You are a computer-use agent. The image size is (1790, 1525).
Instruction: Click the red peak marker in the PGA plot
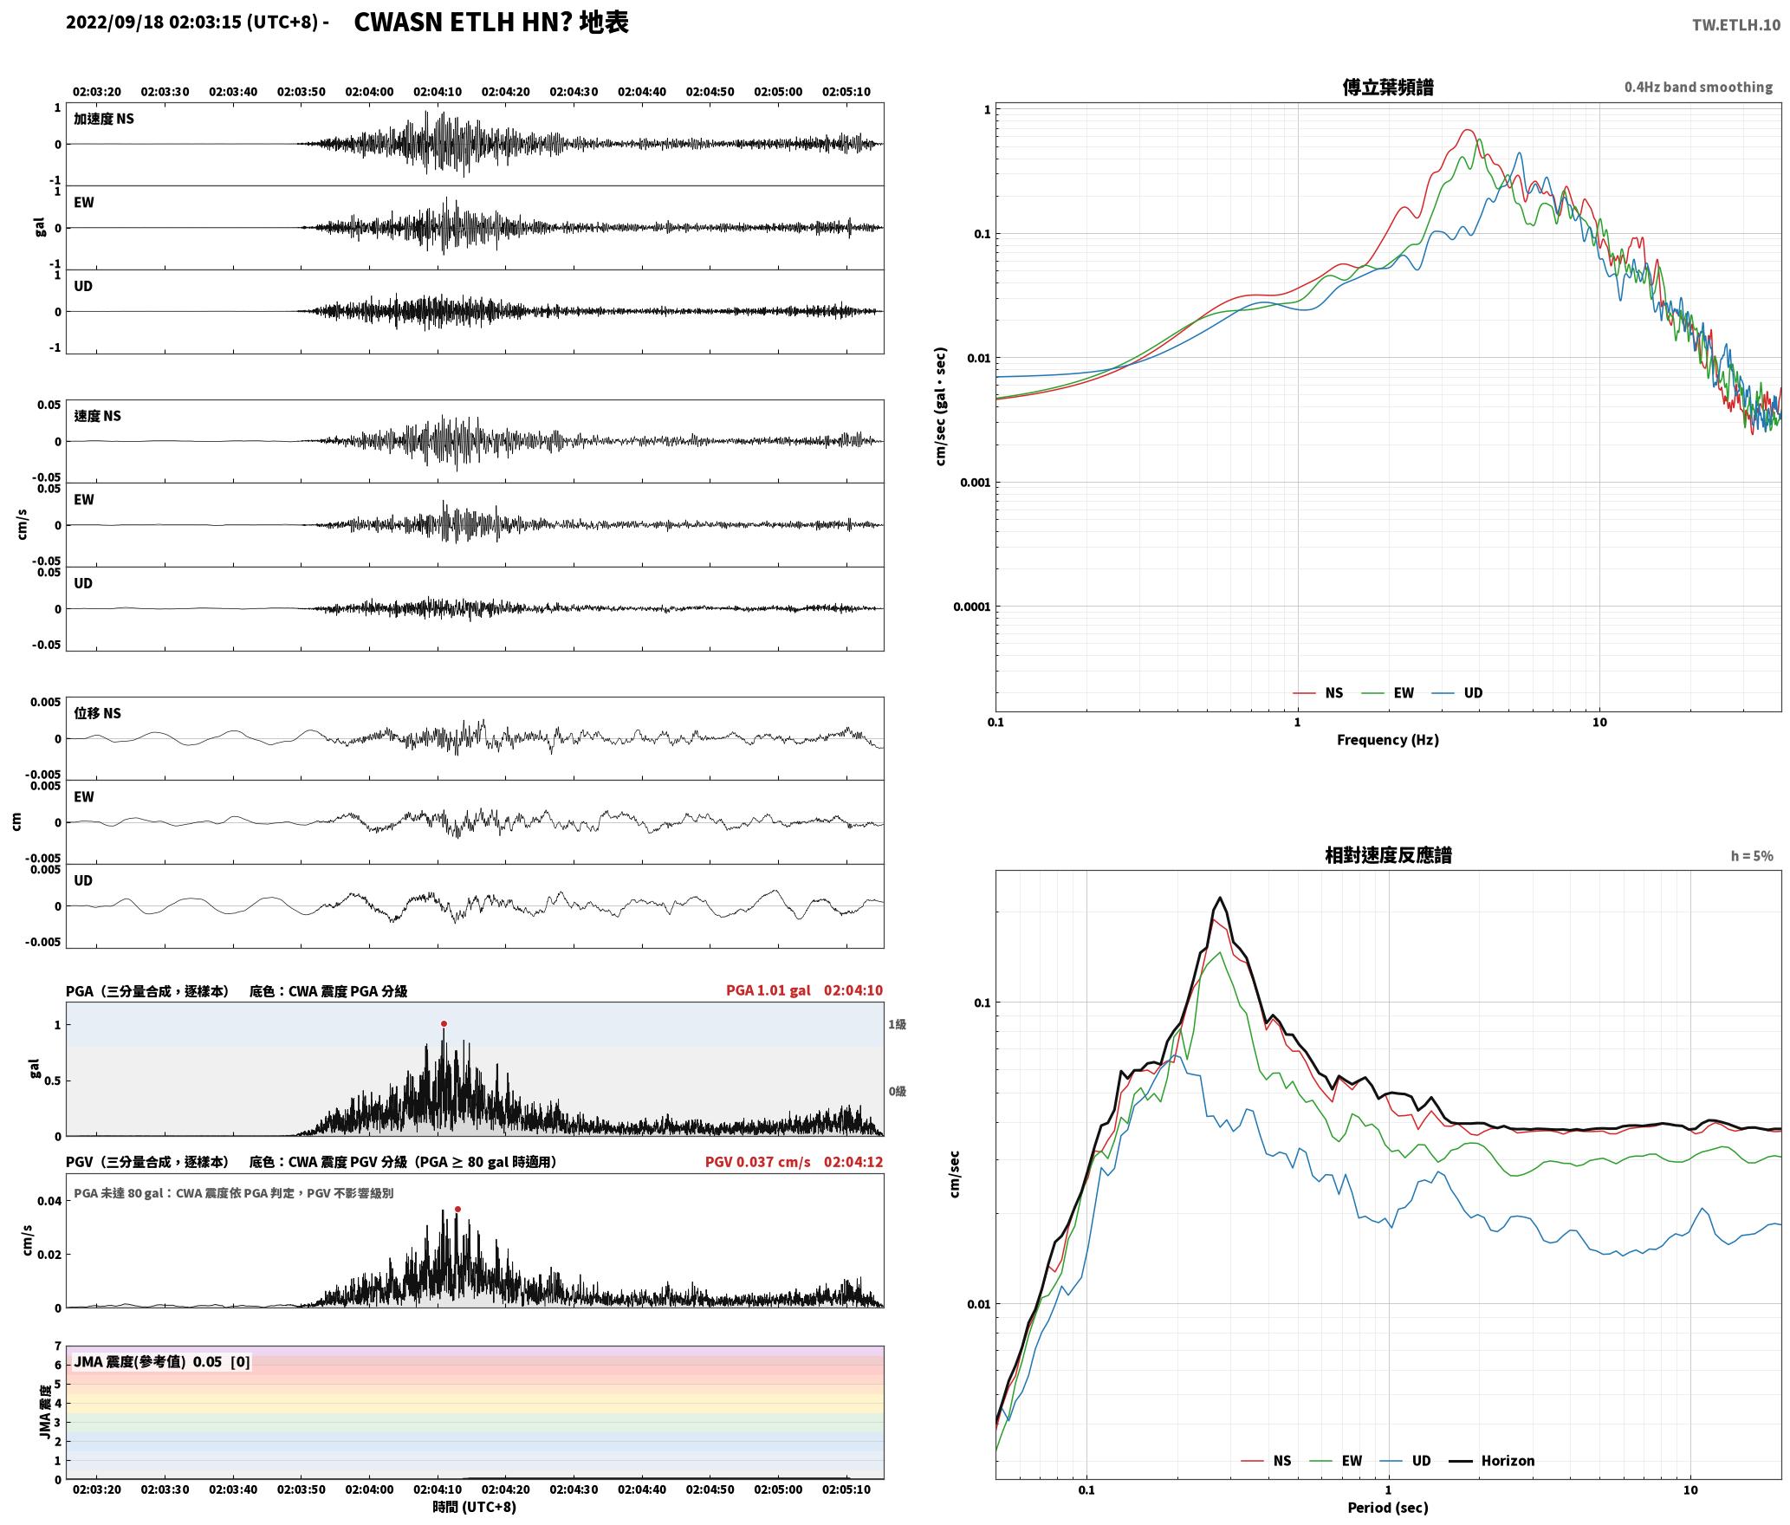(x=444, y=1023)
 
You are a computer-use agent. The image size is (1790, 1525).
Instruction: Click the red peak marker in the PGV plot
(x=457, y=1209)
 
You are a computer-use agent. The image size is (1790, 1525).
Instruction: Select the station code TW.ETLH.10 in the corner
(x=1736, y=24)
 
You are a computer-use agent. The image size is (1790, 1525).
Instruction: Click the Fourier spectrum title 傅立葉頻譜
(x=1387, y=87)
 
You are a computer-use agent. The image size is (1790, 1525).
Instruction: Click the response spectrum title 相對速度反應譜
(x=1388, y=855)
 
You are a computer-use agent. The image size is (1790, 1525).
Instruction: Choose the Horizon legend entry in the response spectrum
(x=1492, y=1461)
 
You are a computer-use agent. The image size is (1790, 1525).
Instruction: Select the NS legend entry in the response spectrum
(x=1266, y=1461)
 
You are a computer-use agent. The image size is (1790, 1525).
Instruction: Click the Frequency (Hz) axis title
(x=1387, y=740)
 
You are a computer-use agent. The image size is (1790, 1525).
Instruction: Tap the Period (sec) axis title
(x=1387, y=1509)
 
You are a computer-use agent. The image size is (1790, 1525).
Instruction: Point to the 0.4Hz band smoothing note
(x=1698, y=88)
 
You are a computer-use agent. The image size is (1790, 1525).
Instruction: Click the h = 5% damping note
(x=1752, y=856)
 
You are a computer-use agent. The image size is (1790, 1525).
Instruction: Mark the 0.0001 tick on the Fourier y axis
(x=971, y=607)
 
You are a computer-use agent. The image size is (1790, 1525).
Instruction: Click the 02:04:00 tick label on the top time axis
(x=369, y=92)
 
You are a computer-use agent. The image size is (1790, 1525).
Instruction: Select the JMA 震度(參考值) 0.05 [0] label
(x=162, y=1362)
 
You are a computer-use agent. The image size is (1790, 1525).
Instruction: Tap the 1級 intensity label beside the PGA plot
(x=897, y=1025)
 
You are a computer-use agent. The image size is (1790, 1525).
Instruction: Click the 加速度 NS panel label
(x=104, y=119)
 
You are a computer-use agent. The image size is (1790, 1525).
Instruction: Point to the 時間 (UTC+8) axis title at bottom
(x=475, y=1507)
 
